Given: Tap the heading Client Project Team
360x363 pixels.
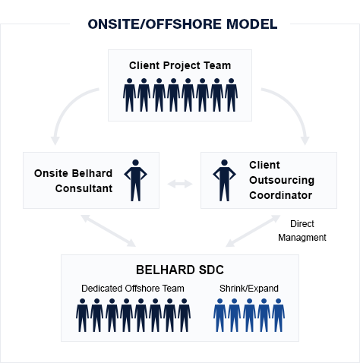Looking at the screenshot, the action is pyautogui.click(x=180, y=65).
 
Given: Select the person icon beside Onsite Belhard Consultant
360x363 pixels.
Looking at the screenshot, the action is pyautogui.click(x=135, y=180).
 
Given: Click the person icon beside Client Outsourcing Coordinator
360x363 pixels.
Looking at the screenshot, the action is pyautogui.click(x=224, y=180).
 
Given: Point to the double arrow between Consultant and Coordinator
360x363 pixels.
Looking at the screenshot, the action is pyautogui.click(x=180, y=184).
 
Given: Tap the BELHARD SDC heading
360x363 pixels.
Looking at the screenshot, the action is pyautogui.click(x=180, y=270).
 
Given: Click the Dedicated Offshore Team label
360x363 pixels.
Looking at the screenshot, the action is pyautogui.click(x=133, y=289).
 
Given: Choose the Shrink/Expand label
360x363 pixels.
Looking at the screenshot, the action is pyautogui.click(x=249, y=289).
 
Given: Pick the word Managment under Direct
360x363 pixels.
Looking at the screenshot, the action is pyautogui.click(x=302, y=238).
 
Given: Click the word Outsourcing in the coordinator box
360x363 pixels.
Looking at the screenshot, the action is pyautogui.click(x=282, y=180).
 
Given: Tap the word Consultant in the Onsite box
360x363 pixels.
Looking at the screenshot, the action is pyautogui.click(x=84, y=188).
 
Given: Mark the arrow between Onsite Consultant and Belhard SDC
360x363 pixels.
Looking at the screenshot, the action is pyautogui.click(x=109, y=231).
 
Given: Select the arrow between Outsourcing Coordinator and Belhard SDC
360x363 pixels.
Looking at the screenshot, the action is pyautogui.click(x=253, y=231).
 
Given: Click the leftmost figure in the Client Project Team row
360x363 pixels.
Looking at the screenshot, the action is pyautogui.click(x=129, y=95).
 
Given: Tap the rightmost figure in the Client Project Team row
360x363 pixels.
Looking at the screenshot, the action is pyautogui.click(x=231, y=95).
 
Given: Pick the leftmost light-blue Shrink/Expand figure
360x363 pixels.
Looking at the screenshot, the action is pyautogui.click(x=220, y=315).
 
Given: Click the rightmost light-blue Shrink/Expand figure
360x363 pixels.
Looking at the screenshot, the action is pyautogui.click(x=278, y=315).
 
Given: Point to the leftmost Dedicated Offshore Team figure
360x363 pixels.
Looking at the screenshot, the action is pyautogui.click(x=82, y=315).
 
